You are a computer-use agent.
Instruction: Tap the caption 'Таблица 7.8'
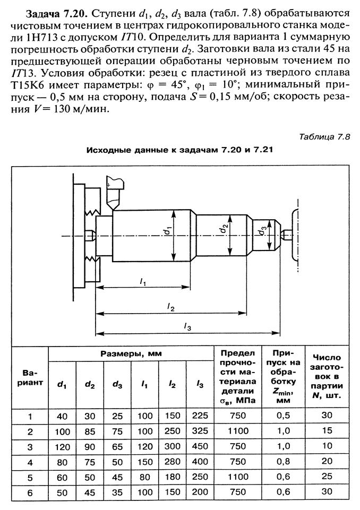point(324,136)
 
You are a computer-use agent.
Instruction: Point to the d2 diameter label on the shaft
point(225,229)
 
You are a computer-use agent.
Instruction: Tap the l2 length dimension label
point(170,306)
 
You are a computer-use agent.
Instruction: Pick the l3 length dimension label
point(187,327)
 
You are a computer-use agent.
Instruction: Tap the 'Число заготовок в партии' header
point(327,376)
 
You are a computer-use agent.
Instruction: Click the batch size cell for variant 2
point(327,430)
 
